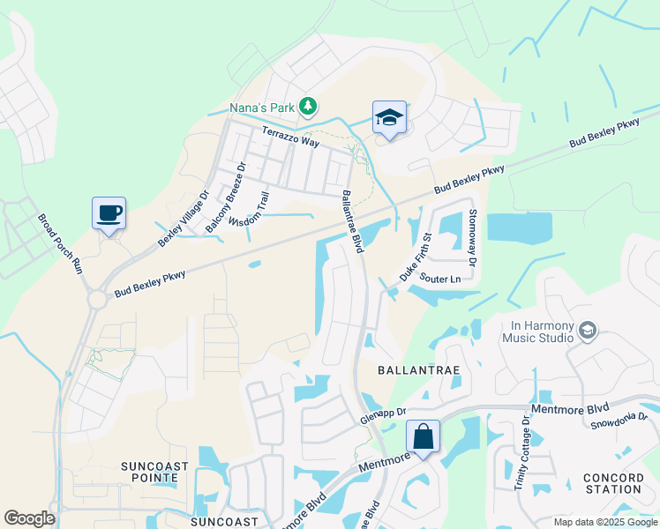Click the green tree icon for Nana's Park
tap(307, 108)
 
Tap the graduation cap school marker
tap(389, 117)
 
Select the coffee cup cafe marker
tap(109, 213)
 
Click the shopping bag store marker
tap(423, 436)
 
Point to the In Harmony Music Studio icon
tap(588, 331)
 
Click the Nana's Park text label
tap(261, 108)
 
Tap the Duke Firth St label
tap(415, 257)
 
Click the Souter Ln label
tap(440, 279)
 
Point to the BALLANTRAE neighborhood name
tap(419, 370)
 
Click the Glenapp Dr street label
tap(383, 415)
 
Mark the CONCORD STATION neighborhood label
tap(612, 483)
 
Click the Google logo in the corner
tap(29, 518)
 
